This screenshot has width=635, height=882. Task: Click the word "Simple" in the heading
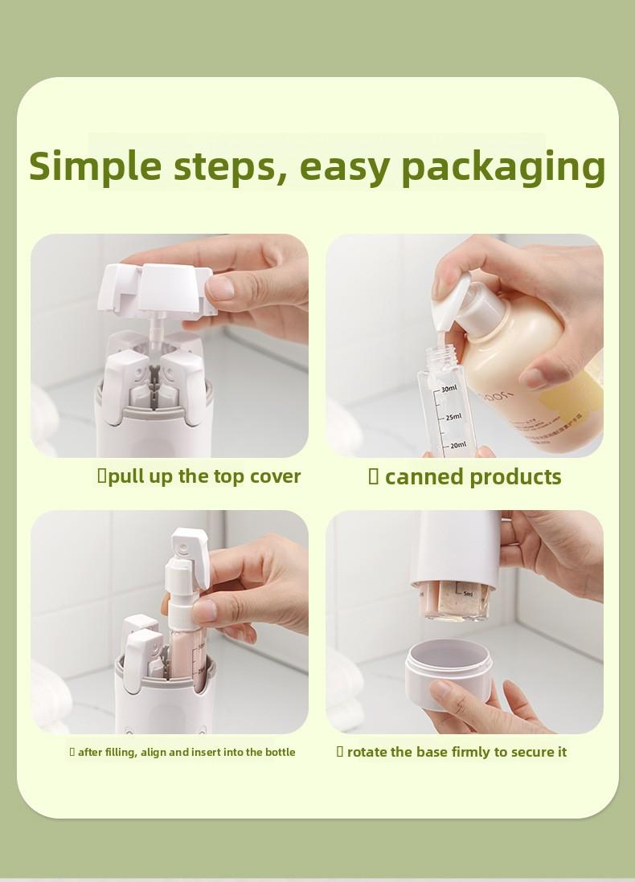[95, 165]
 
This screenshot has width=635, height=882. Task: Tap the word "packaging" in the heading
[502, 167]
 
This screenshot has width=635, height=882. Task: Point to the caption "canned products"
[473, 477]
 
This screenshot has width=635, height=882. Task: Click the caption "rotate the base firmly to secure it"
[457, 752]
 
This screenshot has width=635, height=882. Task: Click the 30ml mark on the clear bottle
[448, 389]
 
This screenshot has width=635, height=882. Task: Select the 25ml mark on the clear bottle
[453, 417]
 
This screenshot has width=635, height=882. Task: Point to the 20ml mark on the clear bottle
[457, 445]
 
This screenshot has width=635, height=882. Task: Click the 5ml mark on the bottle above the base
[467, 595]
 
